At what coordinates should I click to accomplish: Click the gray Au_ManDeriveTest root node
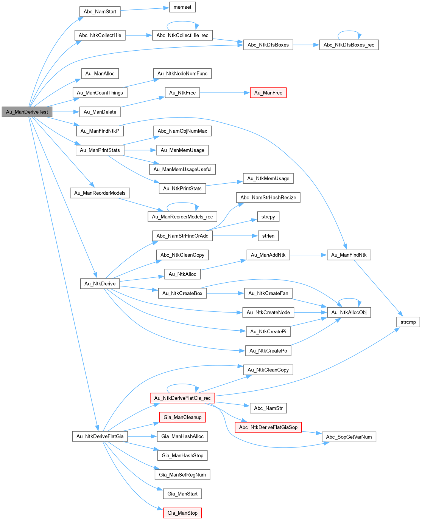click(27, 112)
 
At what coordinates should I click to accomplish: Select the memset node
click(182, 7)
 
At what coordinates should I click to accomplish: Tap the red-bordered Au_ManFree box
click(268, 93)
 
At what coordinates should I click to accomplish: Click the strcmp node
click(408, 322)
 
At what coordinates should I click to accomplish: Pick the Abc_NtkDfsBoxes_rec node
click(349, 45)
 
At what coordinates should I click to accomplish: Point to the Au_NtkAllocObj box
click(349, 312)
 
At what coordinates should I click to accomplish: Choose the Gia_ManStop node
click(182, 513)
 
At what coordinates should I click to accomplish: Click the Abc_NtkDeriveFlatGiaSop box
click(268, 427)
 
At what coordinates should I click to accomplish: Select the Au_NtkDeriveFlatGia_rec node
click(182, 398)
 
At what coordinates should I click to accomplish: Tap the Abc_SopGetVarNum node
click(349, 437)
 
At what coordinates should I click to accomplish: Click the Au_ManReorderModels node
click(100, 193)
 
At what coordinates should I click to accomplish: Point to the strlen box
click(268, 236)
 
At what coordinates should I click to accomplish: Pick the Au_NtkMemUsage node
click(268, 178)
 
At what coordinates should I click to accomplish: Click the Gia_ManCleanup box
click(182, 417)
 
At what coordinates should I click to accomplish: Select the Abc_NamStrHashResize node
click(268, 197)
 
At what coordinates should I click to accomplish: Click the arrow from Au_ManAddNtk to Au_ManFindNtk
click(308, 255)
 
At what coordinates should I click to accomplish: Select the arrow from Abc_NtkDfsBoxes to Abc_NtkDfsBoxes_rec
click(306, 45)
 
